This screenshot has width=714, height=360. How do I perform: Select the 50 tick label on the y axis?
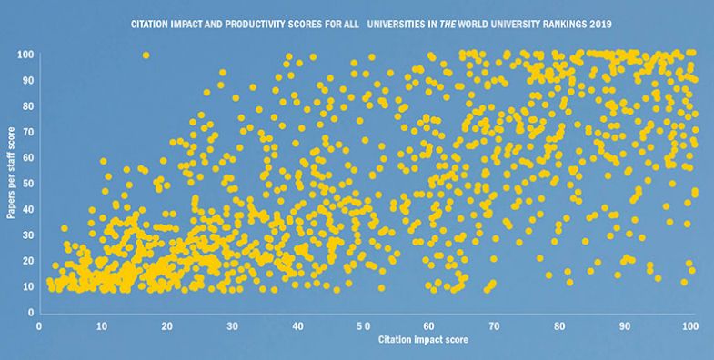[26, 184]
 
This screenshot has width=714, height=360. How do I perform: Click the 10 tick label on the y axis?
[26, 286]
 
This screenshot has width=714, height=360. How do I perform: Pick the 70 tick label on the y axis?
[26, 133]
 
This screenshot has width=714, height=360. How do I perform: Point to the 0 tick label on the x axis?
[39, 325]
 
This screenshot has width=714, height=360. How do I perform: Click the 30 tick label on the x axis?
[235, 325]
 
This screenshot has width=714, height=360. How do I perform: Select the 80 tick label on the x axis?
[560, 325]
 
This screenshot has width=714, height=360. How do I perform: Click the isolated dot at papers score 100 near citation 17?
[146, 55]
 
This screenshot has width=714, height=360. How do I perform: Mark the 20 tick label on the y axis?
[26, 261]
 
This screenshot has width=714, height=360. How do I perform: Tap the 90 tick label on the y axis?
[26, 81]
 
